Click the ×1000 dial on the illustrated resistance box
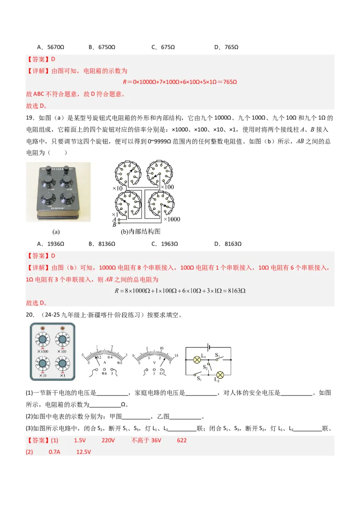point(43,339)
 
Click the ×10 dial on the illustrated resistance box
point(43,363)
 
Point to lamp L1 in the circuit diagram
point(197,360)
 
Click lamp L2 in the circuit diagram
point(220,375)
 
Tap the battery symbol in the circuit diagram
point(207,347)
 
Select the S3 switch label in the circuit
point(217,355)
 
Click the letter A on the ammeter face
point(105,362)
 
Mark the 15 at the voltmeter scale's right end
point(176,356)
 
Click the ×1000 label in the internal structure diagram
point(171,219)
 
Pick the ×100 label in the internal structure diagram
point(167,186)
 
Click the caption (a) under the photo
point(56,232)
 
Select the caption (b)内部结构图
point(140,232)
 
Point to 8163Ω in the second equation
point(235,291)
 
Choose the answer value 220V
point(108,440)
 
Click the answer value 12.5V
point(84,452)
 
